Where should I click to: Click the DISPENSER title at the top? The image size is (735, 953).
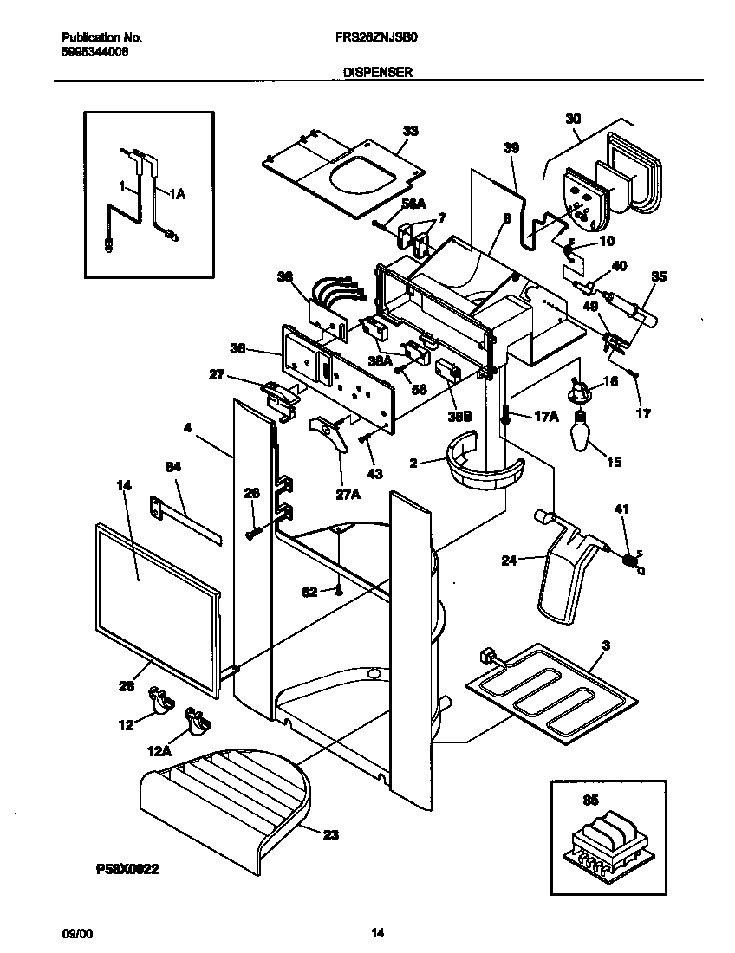coord(370,75)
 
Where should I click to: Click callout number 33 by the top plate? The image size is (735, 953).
coord(410,131)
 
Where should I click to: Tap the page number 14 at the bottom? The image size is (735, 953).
coord(377,933)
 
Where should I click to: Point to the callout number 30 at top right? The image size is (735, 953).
coord(572,119)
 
